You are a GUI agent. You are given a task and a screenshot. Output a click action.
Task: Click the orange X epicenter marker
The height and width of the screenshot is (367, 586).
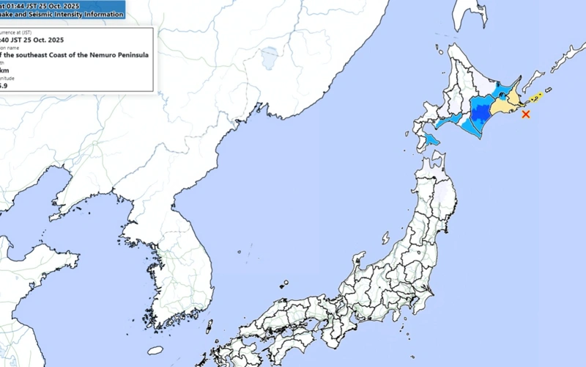pyautogui.click(x=525, y=114)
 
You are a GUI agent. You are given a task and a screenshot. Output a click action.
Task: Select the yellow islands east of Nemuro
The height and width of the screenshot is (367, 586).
pyautogui.click(x=538, y=95)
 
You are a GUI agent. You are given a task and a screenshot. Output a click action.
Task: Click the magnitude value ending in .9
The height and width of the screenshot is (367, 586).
pyautogui.click(x=4, y=86)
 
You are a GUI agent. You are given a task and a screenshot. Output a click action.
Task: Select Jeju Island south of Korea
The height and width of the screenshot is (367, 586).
pyautogui.click(x=155, y=350)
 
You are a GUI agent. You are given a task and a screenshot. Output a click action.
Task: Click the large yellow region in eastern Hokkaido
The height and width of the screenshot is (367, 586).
pyautogui.click(x=504, y=105)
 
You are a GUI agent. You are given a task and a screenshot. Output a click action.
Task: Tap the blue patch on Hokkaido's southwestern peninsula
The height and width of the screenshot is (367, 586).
pyautogui.click(x=432, y=137)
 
